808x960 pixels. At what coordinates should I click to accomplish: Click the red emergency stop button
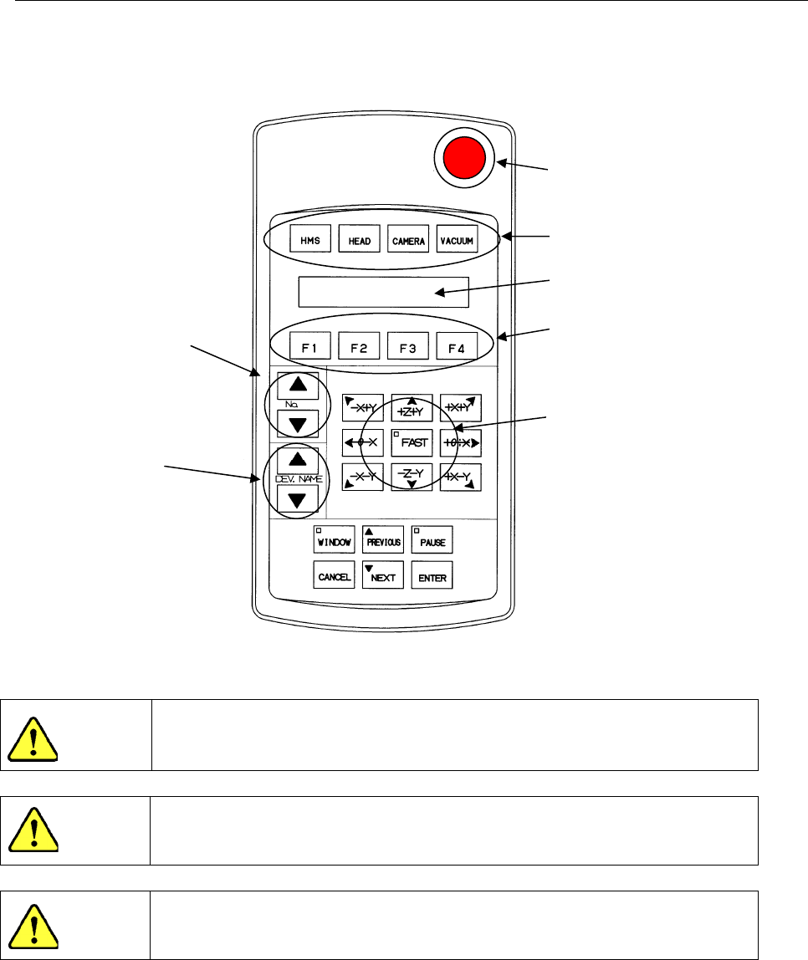(x=464, y=159)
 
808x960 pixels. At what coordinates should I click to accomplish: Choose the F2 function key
(x=359, y=345)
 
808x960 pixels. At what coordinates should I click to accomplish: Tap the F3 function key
(x=407, y=345)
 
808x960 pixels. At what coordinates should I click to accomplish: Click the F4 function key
(x=457, y=345)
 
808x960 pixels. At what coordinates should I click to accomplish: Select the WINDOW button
(x=334, y=540)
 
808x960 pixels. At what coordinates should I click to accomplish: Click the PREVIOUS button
(x=382, y=540)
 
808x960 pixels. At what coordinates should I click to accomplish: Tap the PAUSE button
(x=432, y=540)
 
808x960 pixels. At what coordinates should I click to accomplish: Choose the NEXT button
(x=382, y=575)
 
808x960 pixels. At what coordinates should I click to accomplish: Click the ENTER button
(x=432, y=575)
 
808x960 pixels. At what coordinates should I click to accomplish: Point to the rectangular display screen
(x=383, y=292)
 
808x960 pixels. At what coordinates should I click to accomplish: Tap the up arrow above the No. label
(x=298, y=386)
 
